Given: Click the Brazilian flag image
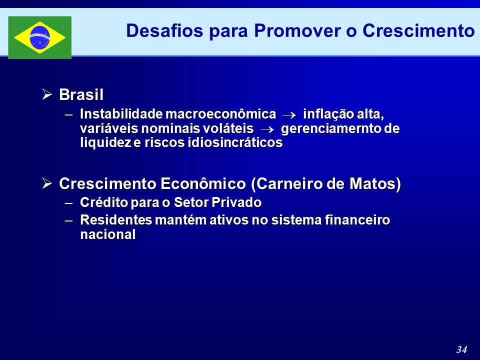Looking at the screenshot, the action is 40,37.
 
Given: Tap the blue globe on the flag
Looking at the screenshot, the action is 40,37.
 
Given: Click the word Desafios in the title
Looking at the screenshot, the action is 164,31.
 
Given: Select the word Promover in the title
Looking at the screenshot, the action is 297,31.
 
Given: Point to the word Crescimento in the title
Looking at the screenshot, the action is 418,31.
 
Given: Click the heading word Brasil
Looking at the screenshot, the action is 81,94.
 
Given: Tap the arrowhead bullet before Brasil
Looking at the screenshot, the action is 47,94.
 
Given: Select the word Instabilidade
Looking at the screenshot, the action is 121,114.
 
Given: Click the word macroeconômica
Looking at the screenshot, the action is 220,114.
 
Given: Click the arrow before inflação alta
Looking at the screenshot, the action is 289,115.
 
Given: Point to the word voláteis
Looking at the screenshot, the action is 228,128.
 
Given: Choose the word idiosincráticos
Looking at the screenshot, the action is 235,142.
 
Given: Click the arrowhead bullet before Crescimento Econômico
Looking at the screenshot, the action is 47,183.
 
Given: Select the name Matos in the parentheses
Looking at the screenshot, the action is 375,183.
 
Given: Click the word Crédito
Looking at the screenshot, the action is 104,202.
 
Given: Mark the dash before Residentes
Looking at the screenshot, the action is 69,220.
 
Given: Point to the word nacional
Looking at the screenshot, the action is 108,235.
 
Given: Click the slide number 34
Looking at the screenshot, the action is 462,349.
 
